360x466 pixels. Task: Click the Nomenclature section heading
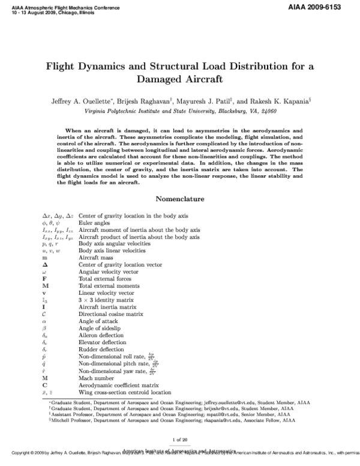pyautogui.click(x=180, y=198)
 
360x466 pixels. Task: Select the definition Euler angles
pyautogui.click(x=95, y=222)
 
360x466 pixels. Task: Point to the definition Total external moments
pyautogui.click(x=107, y=285)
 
